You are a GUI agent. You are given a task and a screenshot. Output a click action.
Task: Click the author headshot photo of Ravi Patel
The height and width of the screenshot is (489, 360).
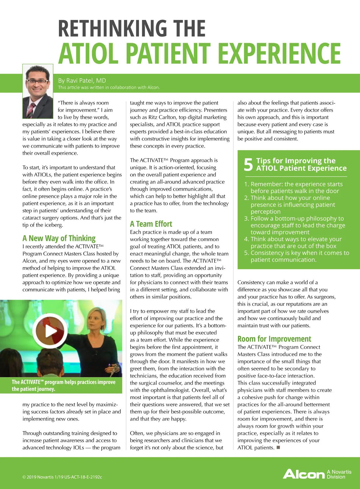[x=38, y=91]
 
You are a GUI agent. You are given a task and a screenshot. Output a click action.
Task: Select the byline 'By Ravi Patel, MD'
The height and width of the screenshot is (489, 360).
[x=82, y=80]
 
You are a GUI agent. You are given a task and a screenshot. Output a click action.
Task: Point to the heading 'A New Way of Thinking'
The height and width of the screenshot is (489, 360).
[x=59, y=238]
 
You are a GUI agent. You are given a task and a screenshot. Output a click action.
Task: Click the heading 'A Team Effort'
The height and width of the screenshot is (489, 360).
[x=151, y=224]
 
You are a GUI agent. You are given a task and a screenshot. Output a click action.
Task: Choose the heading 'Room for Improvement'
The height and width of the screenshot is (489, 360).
[x=274, y=339]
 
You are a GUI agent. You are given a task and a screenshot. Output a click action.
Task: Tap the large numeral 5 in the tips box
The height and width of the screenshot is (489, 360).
[x=248, y=164]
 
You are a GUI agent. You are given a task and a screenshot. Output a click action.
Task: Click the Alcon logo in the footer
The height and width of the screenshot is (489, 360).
[x=304, y=474]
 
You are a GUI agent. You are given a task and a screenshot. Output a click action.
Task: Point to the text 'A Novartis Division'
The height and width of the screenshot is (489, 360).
[x=339, y=474]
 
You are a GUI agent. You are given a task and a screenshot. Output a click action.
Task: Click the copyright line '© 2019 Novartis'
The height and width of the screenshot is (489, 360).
[x=62, y=477]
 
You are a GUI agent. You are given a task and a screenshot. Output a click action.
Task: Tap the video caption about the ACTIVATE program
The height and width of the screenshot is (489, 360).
[x=63, y=386]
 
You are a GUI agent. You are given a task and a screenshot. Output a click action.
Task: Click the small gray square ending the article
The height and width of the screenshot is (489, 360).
[x=278, y=447]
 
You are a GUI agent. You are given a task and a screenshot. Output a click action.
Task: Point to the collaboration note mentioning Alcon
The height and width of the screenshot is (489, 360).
[x=109, y=87]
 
